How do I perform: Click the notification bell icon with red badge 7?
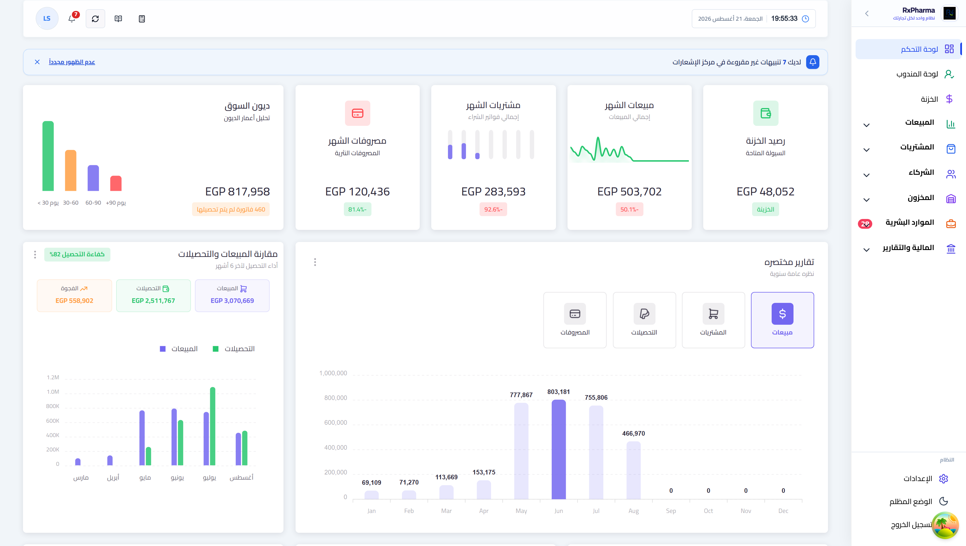(x=72, y=18)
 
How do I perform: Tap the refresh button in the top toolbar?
(x=95, y=19)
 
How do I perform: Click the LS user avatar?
(x=47, y=18)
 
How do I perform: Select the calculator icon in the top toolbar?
(x=142, y=19)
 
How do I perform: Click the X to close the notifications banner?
(x=37, y=62)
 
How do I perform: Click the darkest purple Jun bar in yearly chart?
(x=559, y=449)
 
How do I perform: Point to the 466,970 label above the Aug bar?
(x=634, y=434)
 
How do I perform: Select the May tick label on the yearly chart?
(x=521, y=511)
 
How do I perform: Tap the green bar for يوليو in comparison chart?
(x=213, y=426)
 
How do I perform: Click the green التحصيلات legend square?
(x=216, y=349)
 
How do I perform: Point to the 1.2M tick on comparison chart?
(x=53, y=377)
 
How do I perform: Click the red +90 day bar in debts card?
(x=116, y=183)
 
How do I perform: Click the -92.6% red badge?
(x=493, y=209)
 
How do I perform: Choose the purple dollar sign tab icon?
(x=783, y=314)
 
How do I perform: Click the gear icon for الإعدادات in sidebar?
(x=944, y=478)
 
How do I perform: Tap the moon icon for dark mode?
(x=944, y=501)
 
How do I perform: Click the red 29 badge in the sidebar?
(x=865, y=224)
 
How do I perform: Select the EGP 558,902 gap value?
(x=74, y=301)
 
